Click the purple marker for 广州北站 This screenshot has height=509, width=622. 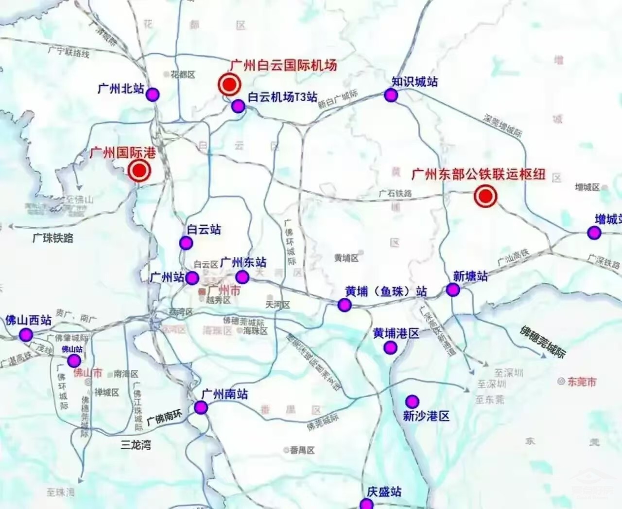pyautogui.click(x=153, y=94)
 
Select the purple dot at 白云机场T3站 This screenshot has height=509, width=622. pyautogui.click(x=238, y=106)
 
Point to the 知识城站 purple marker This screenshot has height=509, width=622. pyautogui.click(x=391, y=95)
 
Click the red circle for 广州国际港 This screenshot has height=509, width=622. pyautogui.click(x=139, y=171)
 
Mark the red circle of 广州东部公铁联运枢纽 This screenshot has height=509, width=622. pyautogui.click(x=485, y=197)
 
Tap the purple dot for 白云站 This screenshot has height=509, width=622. pyautogui.click(x=186, y=242)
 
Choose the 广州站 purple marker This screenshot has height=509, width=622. pyautogui.click(x=192, y=278)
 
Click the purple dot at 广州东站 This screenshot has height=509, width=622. pyautogui.click(x=242, y=277)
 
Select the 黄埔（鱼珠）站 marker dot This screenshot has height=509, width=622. pyautogui.click(x=345, y=305)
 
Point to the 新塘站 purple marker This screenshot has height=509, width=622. pyautogui.click(x=453, y=290)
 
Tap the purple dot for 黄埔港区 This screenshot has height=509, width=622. pyautogui.click(x=390, y=347)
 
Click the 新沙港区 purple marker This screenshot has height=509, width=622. pyautogui.click(x=412, y=401)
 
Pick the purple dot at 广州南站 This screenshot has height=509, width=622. pyautogui.click(x=201, y=408)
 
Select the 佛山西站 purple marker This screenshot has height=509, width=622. pyautogui.click(x=26, y=335)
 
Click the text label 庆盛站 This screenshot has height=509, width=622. pyautogui.click(x=384, y=492)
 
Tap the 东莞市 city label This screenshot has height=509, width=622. pyautogui.click(x=581, y=382)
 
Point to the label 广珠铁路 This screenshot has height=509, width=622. pyautogui.click(x=53, y=238)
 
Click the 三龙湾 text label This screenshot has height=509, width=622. pyautogui.click(x=136, y=444)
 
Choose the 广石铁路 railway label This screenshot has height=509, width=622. pyautogui.click(x=395, y=194)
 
